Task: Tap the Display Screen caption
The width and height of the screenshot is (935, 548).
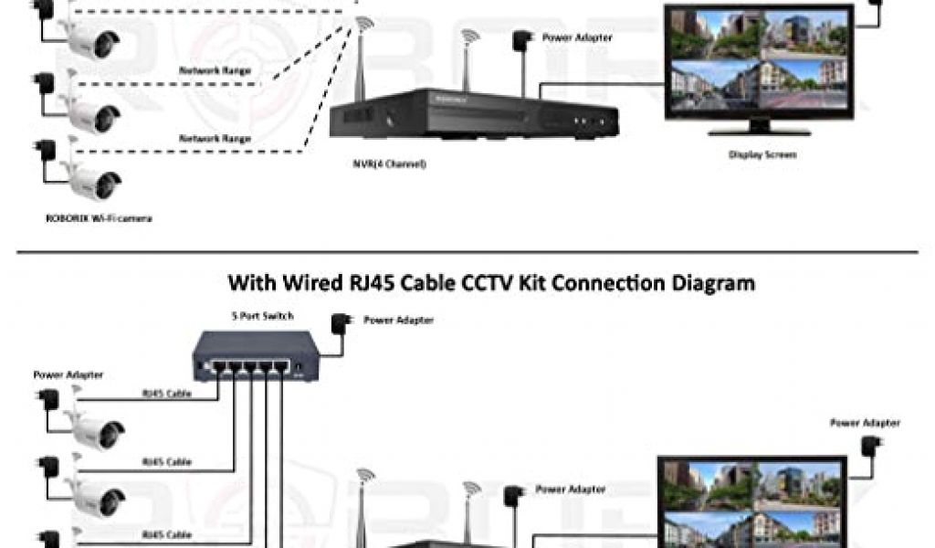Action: pos(762,154)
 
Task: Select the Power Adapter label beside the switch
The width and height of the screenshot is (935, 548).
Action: pos(398,320)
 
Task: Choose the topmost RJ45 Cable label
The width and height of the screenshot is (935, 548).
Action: pos(166,394)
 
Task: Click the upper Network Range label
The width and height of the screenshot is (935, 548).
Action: pos(215,69)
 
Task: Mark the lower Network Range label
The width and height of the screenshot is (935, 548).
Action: pos(215,138)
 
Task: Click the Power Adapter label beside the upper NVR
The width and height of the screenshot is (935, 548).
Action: pos(577,37)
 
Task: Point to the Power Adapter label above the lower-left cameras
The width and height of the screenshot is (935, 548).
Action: pos(68,374)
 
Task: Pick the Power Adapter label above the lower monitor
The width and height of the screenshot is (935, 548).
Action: pos(865,423)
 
